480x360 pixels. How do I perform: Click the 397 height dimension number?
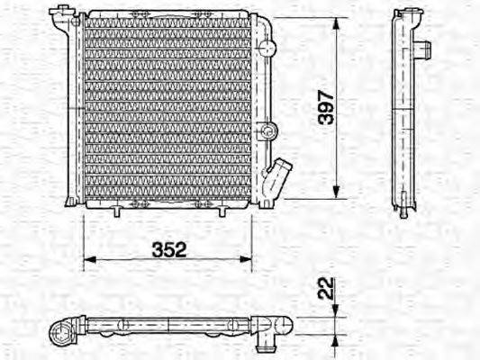[327, 107]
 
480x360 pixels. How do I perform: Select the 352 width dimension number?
[168, 250]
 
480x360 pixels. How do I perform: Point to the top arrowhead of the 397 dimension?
[336, 23]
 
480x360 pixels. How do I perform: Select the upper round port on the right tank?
[267, 49]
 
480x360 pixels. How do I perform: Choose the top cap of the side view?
[403, 13]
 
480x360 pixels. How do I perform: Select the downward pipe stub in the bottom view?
[266, 341]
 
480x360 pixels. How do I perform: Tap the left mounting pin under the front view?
[116, 212]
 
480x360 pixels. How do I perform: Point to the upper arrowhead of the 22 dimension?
[335, 312]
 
